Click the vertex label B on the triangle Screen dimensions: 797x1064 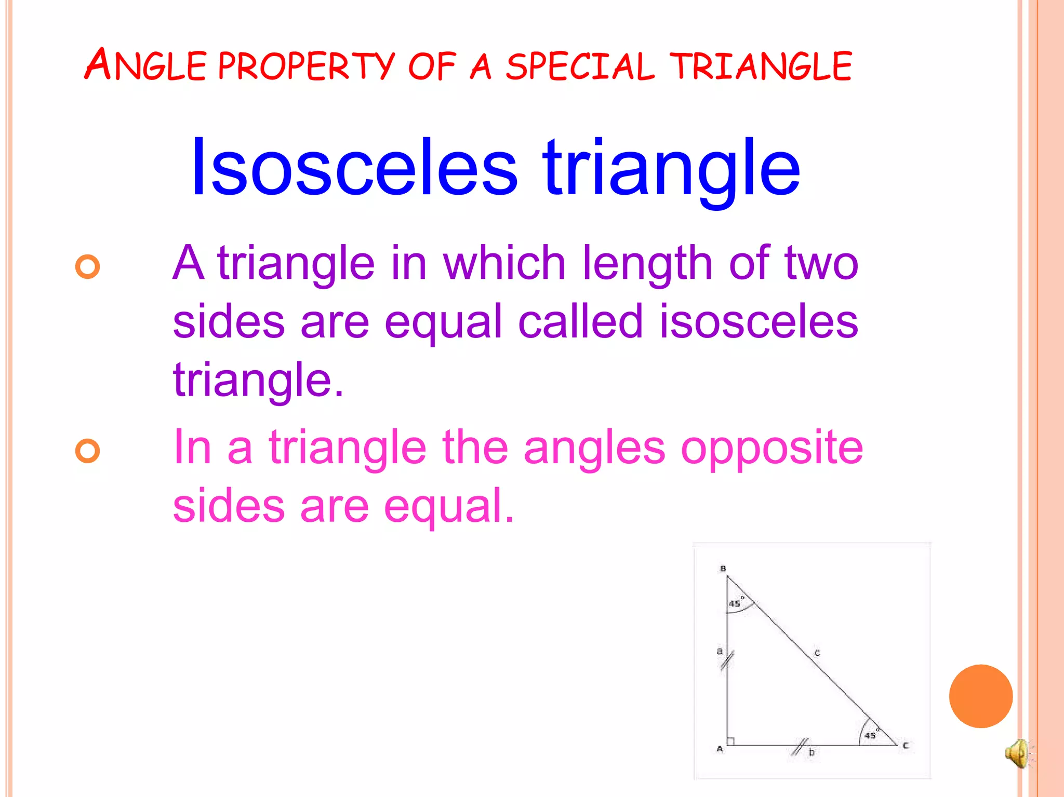coord(723,569)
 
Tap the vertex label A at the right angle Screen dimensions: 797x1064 coord(720,749)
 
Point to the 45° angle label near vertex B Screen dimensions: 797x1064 coord(735,603)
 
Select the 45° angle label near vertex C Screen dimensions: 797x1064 coord(870,735)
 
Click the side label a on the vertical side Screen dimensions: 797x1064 coord(720,651)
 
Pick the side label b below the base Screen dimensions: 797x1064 coord(812,752)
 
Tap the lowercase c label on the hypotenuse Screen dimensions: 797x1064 coord(817,653)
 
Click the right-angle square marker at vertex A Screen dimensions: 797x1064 coord(730,741)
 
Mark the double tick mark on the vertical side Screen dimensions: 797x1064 coord(727,660)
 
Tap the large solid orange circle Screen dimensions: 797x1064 coord(980,696)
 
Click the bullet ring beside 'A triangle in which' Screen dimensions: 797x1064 coord(87,267)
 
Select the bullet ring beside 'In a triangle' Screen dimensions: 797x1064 coord(87,450)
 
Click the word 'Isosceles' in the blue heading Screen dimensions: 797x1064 coord(354,167)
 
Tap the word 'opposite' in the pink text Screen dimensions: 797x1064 coord(772,448)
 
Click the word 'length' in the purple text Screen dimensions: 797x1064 coord(647,264)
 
